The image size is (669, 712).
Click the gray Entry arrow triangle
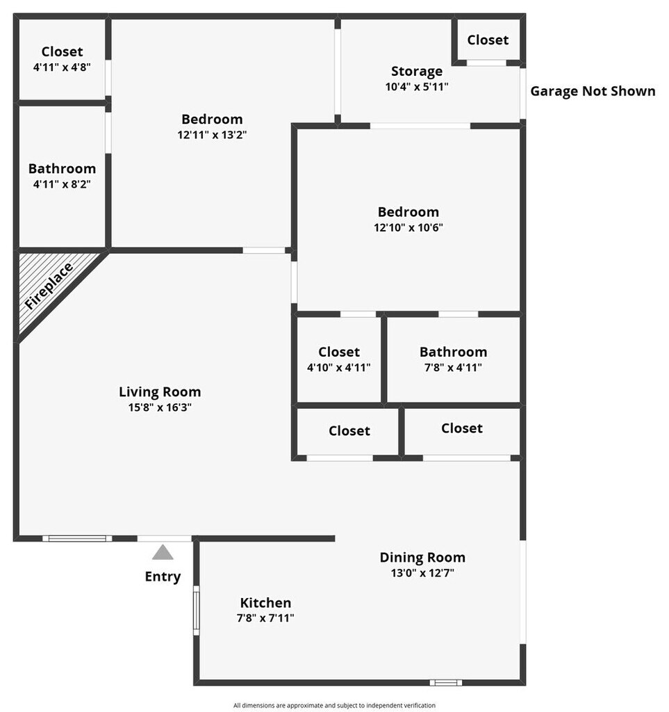coord(163,553)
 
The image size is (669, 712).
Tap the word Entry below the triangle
coord(163,576)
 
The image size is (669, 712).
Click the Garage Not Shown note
coord(593,91)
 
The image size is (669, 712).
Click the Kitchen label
coord(265,603)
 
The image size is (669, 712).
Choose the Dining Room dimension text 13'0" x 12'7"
coord(422,573)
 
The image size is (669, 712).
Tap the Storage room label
coord(417,71)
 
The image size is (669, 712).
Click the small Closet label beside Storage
coord(488,40)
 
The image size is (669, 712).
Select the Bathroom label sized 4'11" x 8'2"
coord(62,169)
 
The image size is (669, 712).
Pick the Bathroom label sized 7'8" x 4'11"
coord(453,352)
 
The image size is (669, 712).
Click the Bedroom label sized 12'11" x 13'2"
coord(212,119)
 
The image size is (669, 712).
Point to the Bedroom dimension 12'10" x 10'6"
coord(408,227)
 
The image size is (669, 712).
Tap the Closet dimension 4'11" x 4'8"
coord(62,67)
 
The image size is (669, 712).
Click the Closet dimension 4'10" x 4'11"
coord(339,367)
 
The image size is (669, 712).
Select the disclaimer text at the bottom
coord(334,705)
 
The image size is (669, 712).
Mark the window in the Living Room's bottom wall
coord(77,538)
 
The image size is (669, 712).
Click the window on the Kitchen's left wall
coord(197,610)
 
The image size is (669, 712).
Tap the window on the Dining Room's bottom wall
coord(445,683)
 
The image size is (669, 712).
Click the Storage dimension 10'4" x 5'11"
coord(417,87)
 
